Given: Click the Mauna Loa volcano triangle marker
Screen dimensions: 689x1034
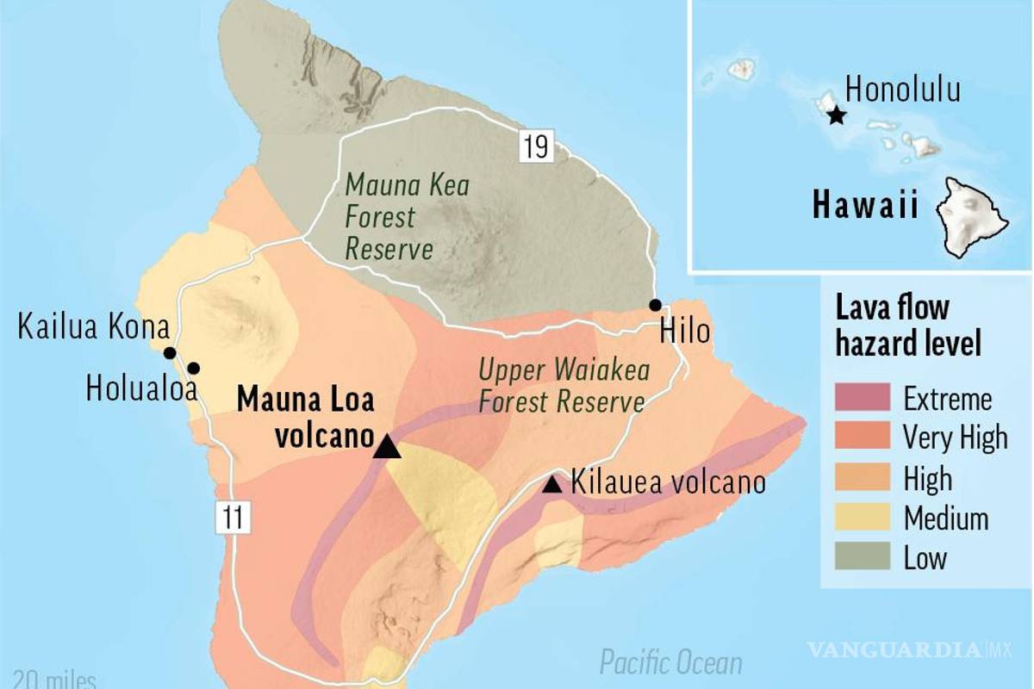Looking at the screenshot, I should coord(387,446).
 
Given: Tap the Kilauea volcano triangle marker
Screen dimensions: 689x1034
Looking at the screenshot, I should coord(552,485).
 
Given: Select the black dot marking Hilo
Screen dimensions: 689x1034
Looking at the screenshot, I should coord(655,305).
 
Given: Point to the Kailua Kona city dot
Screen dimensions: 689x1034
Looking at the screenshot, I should coord(170,353).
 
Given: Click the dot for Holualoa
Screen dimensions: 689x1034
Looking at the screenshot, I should coord(193,369).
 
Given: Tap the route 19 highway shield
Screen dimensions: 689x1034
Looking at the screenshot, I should coord(534,146).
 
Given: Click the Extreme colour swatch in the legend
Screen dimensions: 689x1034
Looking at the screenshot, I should coord(862,399).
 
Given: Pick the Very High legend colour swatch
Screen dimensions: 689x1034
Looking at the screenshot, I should coord(862,438).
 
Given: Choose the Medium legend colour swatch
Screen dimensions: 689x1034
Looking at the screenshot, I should coord(862,518).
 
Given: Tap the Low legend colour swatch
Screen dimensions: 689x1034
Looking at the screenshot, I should coord(862,558).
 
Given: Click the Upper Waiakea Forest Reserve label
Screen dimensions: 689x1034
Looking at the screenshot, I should coord(564,386).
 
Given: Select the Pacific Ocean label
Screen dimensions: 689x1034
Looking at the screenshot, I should coord(670,663).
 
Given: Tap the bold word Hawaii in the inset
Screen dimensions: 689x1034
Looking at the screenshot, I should coord(865,207).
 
